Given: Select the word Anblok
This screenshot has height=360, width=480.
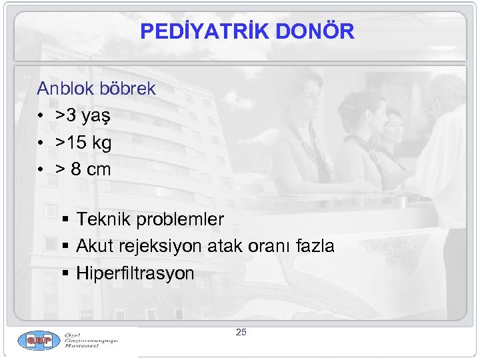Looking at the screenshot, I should [x=65, y=89].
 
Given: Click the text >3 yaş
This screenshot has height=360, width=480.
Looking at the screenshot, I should [x=83, y=116].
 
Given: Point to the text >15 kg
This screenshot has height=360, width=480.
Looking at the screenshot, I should [x=83, y=143].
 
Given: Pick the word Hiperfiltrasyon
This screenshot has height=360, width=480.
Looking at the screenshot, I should [x=135, y=273].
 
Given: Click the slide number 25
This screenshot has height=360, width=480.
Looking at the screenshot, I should [x=241, y=332].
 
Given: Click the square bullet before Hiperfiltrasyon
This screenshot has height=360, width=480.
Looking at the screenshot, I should [x=65, y=274].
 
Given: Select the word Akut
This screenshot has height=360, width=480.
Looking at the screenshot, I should [x=95, y=247].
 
